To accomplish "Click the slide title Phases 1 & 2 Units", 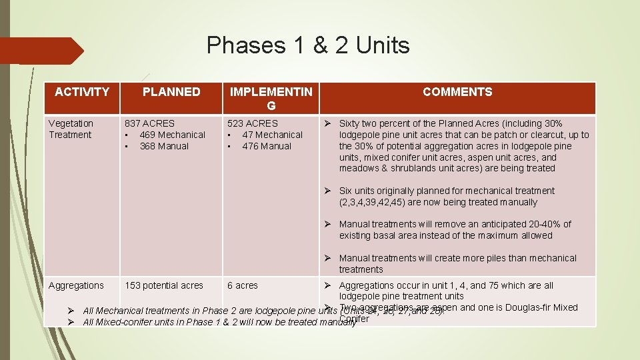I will coord(308,45).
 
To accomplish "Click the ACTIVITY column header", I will coord(82,92).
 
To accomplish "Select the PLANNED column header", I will coord(171,92).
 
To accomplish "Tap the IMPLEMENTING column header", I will coord(271,99).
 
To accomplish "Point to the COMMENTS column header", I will coord(457,92).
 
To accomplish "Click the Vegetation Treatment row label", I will coord(71,129).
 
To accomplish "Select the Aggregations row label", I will coord(76,285).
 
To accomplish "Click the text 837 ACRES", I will coord(150,123).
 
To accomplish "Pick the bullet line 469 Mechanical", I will coord(172,135).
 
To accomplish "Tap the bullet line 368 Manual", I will coord(164,146).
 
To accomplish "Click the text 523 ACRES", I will coord(253,123).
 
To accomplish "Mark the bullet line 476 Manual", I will coord(267,146).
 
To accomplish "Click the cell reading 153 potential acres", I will coord(164,285).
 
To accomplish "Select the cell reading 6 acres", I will coord(243,285).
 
